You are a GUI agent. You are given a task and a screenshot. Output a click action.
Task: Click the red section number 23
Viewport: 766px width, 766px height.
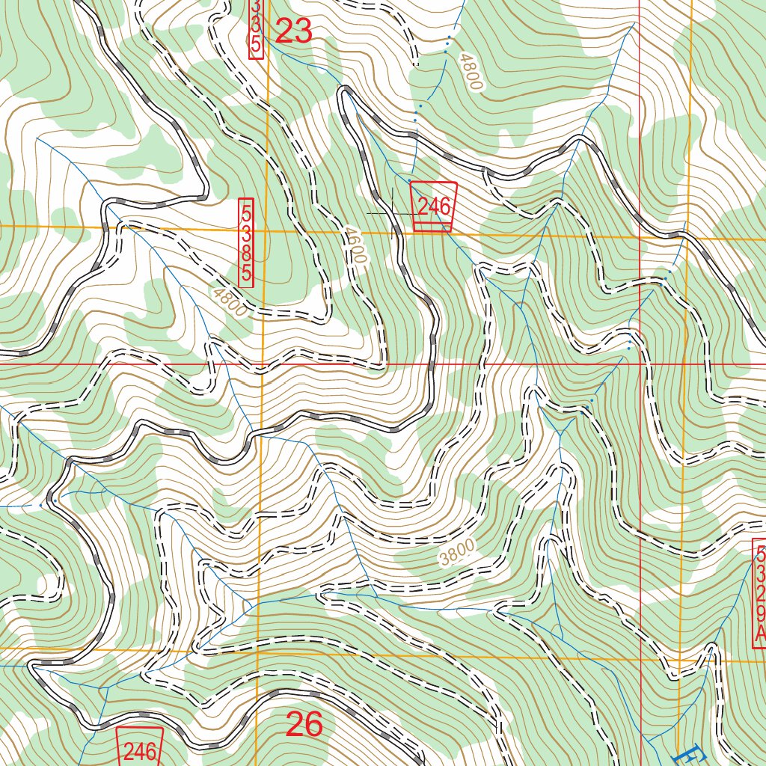[x=293, y=31]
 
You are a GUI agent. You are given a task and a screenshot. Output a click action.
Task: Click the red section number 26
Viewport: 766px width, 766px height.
[x=304, y=724]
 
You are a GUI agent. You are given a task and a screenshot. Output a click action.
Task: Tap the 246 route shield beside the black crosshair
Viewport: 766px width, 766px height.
[x=433, y=206]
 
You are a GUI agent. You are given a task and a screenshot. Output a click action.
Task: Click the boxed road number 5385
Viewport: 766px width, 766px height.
[x=246, y=242]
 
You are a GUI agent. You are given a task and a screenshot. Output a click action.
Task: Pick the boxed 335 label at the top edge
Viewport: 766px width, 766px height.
[x=256, y=27]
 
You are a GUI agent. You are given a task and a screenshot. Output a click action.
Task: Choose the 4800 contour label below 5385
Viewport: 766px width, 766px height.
[x=228, y=302]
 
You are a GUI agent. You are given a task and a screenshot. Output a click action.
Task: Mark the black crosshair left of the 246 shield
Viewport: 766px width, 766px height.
[x=392, y=213]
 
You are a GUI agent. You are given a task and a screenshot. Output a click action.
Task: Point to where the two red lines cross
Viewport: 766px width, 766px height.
[x=640, y=364]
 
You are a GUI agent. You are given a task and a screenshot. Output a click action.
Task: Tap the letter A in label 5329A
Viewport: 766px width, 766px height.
[x=760, y=634]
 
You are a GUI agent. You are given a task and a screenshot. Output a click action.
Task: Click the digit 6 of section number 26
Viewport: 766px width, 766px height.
[x=313, y=724]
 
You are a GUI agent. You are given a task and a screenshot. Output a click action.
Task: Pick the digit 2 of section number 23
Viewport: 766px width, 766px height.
[x=284, y=31]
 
